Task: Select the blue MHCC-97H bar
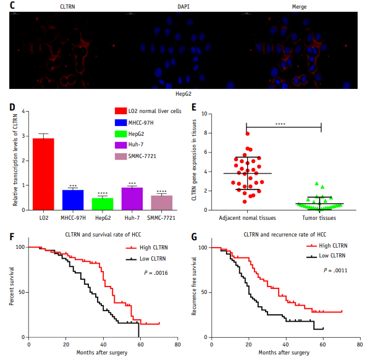coord(73,199)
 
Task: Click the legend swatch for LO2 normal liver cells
coord(119,111)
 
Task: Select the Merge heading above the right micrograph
coord(299,7)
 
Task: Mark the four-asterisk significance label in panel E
coord(281,125)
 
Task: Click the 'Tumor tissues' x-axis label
coord(321,218)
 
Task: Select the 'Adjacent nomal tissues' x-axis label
coord(247,218)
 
